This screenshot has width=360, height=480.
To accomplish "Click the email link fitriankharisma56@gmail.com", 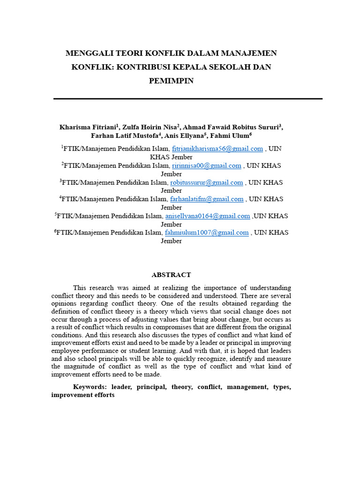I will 217,149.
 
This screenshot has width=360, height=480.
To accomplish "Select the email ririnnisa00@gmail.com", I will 207,165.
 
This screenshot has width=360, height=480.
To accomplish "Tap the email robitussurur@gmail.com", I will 206,182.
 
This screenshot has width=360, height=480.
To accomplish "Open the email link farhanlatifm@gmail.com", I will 206,199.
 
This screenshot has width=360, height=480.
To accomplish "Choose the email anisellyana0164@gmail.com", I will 208,216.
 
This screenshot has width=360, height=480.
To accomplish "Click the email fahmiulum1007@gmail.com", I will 207,232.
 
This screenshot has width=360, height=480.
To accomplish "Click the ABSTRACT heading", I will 171,275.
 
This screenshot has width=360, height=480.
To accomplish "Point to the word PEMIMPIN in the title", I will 171,81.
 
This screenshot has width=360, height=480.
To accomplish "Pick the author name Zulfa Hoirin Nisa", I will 149,127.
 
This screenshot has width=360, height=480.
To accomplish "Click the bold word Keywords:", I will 90,387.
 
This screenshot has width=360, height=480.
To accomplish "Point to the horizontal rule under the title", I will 188,99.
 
